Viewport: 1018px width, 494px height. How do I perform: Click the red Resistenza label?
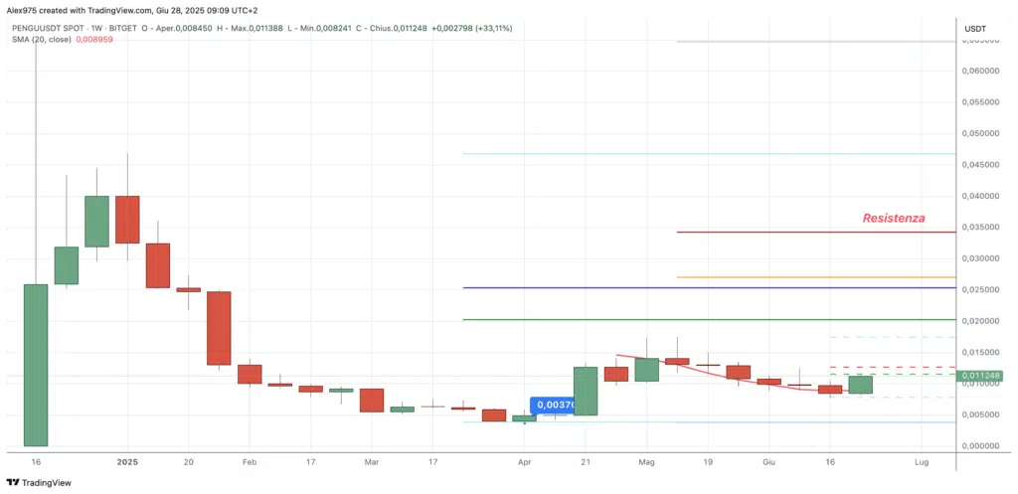coord(894,217)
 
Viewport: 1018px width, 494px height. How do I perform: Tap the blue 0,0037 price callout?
coord(552,406)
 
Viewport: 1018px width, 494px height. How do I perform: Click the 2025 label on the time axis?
coord(126,462)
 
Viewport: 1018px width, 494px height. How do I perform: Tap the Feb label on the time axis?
coord(250,462)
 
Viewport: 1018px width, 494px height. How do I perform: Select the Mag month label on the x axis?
coord(647,462)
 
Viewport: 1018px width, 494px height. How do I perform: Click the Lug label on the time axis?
coord(922,462)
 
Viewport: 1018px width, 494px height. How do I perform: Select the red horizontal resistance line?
coord(815,233)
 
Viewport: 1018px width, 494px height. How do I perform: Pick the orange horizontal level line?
coord(815,277)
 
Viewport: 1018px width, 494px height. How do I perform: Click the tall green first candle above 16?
coord(36,365)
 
